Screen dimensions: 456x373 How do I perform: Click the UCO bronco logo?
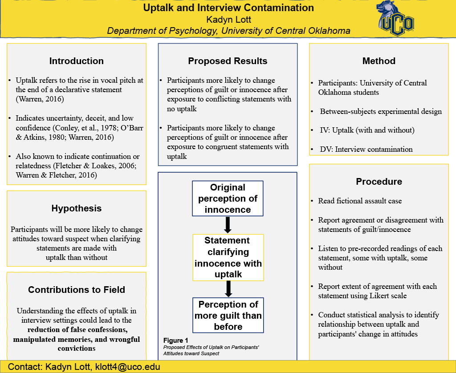[x=395, y=18]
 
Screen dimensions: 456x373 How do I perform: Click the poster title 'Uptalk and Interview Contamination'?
[x=228, y=8]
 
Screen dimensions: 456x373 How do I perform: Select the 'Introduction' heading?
[x=77, y=61]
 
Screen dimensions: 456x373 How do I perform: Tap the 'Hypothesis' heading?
[x=77, y=208]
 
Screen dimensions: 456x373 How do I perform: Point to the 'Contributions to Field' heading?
[x=77, y=290]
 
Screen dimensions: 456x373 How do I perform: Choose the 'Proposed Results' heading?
[x=228, y=61]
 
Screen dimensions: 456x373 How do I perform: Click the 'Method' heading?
[x=379, y=61]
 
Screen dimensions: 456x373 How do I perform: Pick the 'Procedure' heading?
[x=379, y=182]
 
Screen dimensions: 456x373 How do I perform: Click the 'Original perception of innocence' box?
[x=228, y=199]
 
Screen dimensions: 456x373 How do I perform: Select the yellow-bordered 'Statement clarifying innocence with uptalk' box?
[x=228, y=257]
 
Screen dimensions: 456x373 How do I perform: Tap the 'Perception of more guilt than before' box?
[x=228, y=315]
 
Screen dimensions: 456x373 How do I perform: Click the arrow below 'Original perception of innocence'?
[x=228, y=225]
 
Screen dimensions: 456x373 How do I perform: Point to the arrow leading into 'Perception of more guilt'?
[x=228, y=289]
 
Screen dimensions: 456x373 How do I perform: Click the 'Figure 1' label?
[x=175, y=341]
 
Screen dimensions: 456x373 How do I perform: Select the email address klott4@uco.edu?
[x=128, y=367]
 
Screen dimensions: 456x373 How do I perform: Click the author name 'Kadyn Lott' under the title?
[x=228, y=20]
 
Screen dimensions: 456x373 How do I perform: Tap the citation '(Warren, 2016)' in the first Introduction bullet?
[x=40, y=99]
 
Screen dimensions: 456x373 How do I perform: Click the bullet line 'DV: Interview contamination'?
[x=366, y=149]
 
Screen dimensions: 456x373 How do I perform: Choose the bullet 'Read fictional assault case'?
[x=360, y=201]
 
